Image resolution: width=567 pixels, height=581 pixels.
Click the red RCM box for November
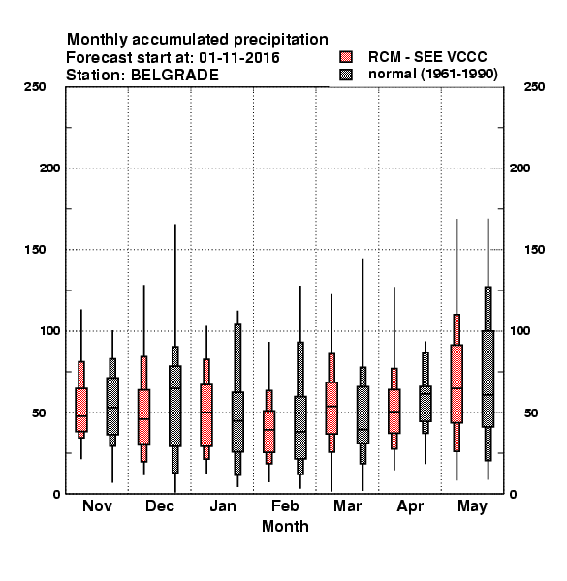[81, 410]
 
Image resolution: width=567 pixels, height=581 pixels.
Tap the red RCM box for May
[457, 383]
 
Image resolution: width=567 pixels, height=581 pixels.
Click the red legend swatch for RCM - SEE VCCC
[346, 57]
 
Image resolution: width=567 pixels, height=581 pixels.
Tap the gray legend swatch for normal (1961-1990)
[346, 75]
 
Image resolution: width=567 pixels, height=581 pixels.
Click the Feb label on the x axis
[285, 505]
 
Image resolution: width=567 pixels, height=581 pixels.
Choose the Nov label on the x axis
[97, 505]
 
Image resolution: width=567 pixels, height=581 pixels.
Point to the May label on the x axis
[472, 506]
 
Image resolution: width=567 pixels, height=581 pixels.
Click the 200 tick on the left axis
[49, 168]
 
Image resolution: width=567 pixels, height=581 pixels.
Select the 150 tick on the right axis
[534, 250]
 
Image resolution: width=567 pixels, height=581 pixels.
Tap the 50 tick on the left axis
[38, 413]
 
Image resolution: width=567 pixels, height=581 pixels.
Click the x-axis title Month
[285, 526]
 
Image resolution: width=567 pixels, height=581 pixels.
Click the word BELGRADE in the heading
[174, 76]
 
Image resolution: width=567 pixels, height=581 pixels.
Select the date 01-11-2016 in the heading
[239, 58]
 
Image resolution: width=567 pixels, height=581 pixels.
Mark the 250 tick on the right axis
[534, 87]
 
